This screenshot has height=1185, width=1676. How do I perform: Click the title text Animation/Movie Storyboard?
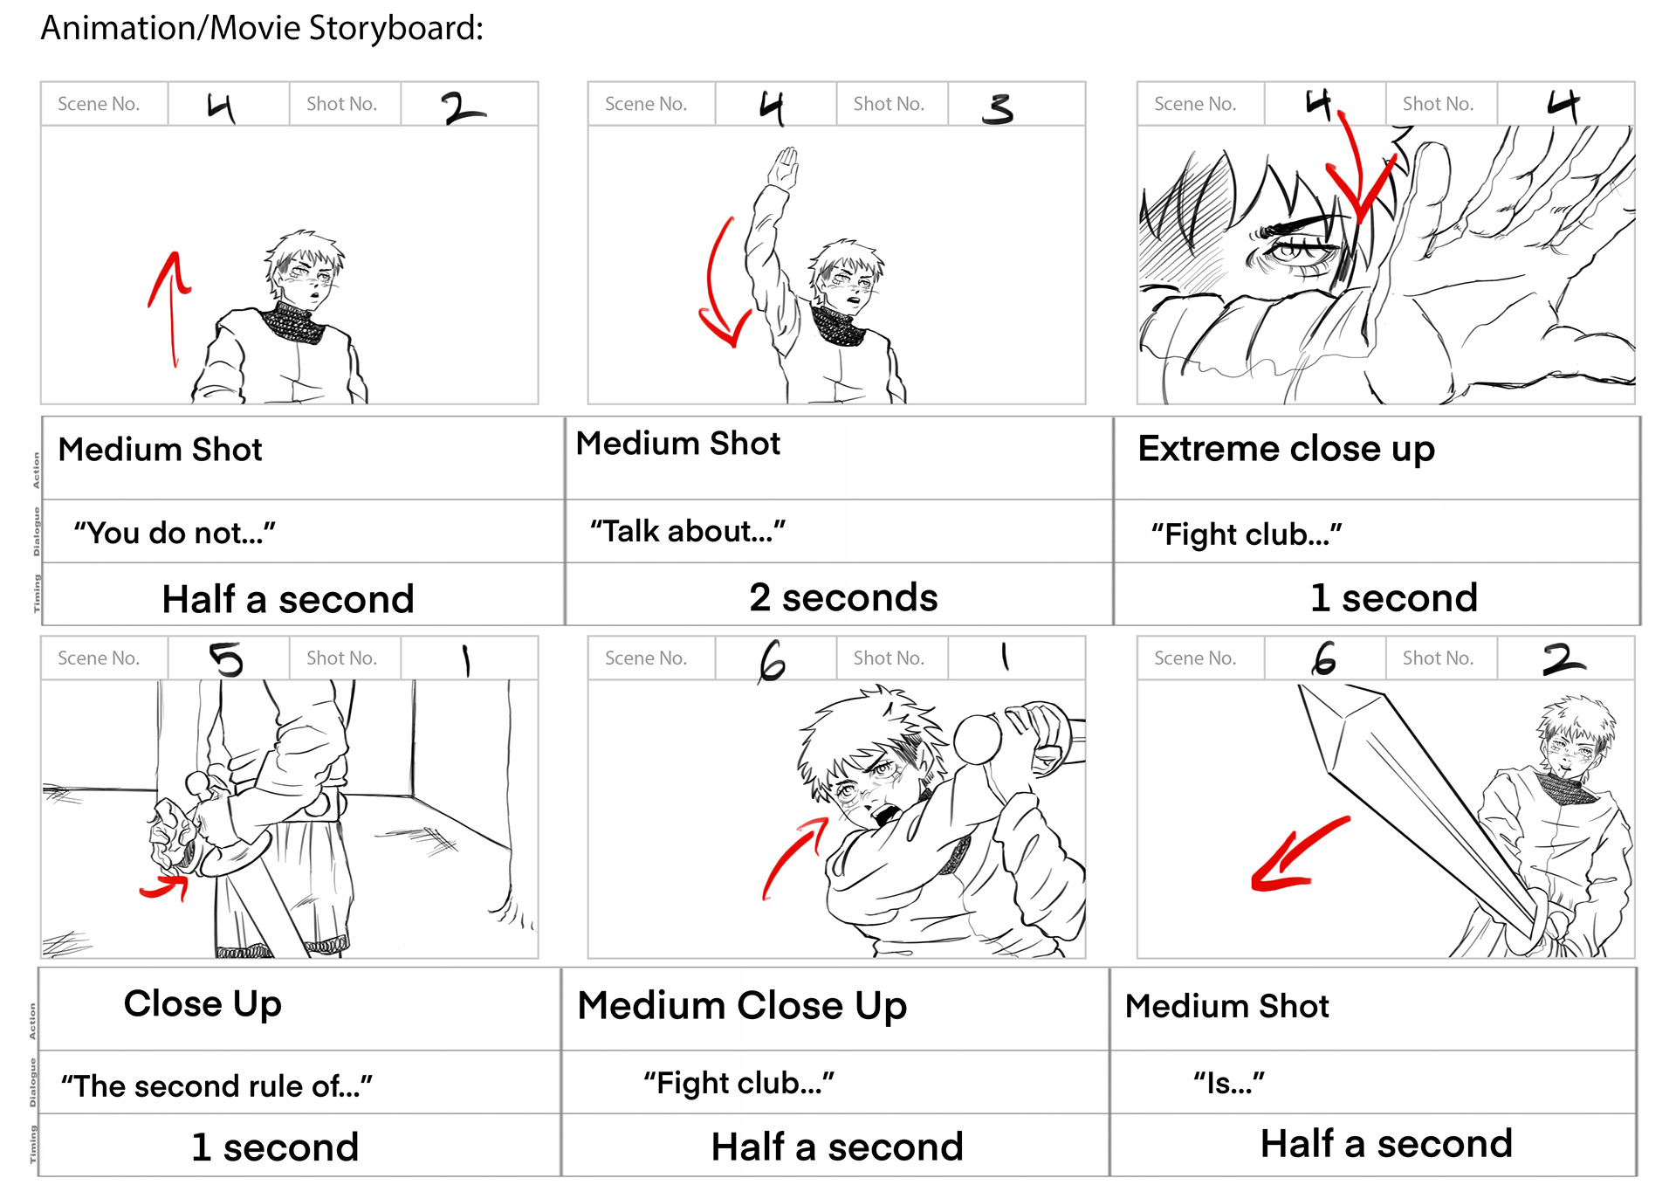coord(262,29)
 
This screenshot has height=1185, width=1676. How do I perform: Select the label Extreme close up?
coord(1286,450)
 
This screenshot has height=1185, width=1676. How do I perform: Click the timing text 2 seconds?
coord(843,598)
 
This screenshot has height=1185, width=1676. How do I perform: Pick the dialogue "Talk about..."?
coord(688,531)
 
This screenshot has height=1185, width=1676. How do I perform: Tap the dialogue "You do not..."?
coord(175,533)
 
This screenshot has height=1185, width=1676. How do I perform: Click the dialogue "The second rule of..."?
coord(216,1086)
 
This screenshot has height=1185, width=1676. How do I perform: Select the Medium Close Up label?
coord(742,1006)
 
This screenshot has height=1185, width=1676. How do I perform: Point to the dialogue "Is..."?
coord(1229,1084)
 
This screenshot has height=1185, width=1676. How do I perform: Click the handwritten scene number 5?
coord(227,659)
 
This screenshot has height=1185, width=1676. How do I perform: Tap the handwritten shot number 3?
coord(997,108)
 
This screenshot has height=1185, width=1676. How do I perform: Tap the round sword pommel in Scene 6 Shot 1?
coord(978,739)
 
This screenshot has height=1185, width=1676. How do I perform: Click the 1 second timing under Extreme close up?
coord(1394,598)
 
